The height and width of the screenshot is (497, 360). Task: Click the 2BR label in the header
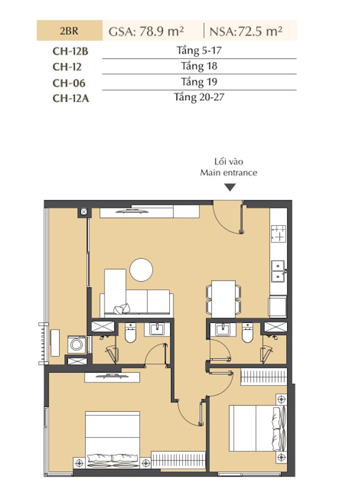click(x=69, y=31)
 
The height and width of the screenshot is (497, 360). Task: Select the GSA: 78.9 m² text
click(x=146, y=31)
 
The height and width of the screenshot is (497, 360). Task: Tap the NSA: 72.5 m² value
click(x=246, y=31)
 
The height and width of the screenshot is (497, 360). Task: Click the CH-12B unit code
click(x=70, y=51)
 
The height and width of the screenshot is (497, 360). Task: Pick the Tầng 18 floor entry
click(x=199, y=66)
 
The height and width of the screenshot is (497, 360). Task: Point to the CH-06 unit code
click(x=69, y=83)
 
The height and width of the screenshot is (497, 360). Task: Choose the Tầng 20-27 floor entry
click(x=199, y=97)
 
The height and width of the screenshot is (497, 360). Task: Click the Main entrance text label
click(x=228, y=173)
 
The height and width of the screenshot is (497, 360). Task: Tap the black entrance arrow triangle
click(x=230, y=187)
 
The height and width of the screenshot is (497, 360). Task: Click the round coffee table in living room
click(x=141, y=270)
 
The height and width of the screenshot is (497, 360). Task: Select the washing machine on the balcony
click(x=76, y=345)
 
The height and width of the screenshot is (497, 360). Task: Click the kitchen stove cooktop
click(x=279, y=234)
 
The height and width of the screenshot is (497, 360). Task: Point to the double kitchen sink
click(x=278, y=271)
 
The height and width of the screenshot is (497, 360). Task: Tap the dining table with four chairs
click(x=223, y=299)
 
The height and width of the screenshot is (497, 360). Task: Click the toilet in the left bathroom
click(x=130, y=333)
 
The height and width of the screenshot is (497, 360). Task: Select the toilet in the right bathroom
click(x=247, y=333)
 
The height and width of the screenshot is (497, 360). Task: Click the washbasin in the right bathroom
click(x=223, y=329)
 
